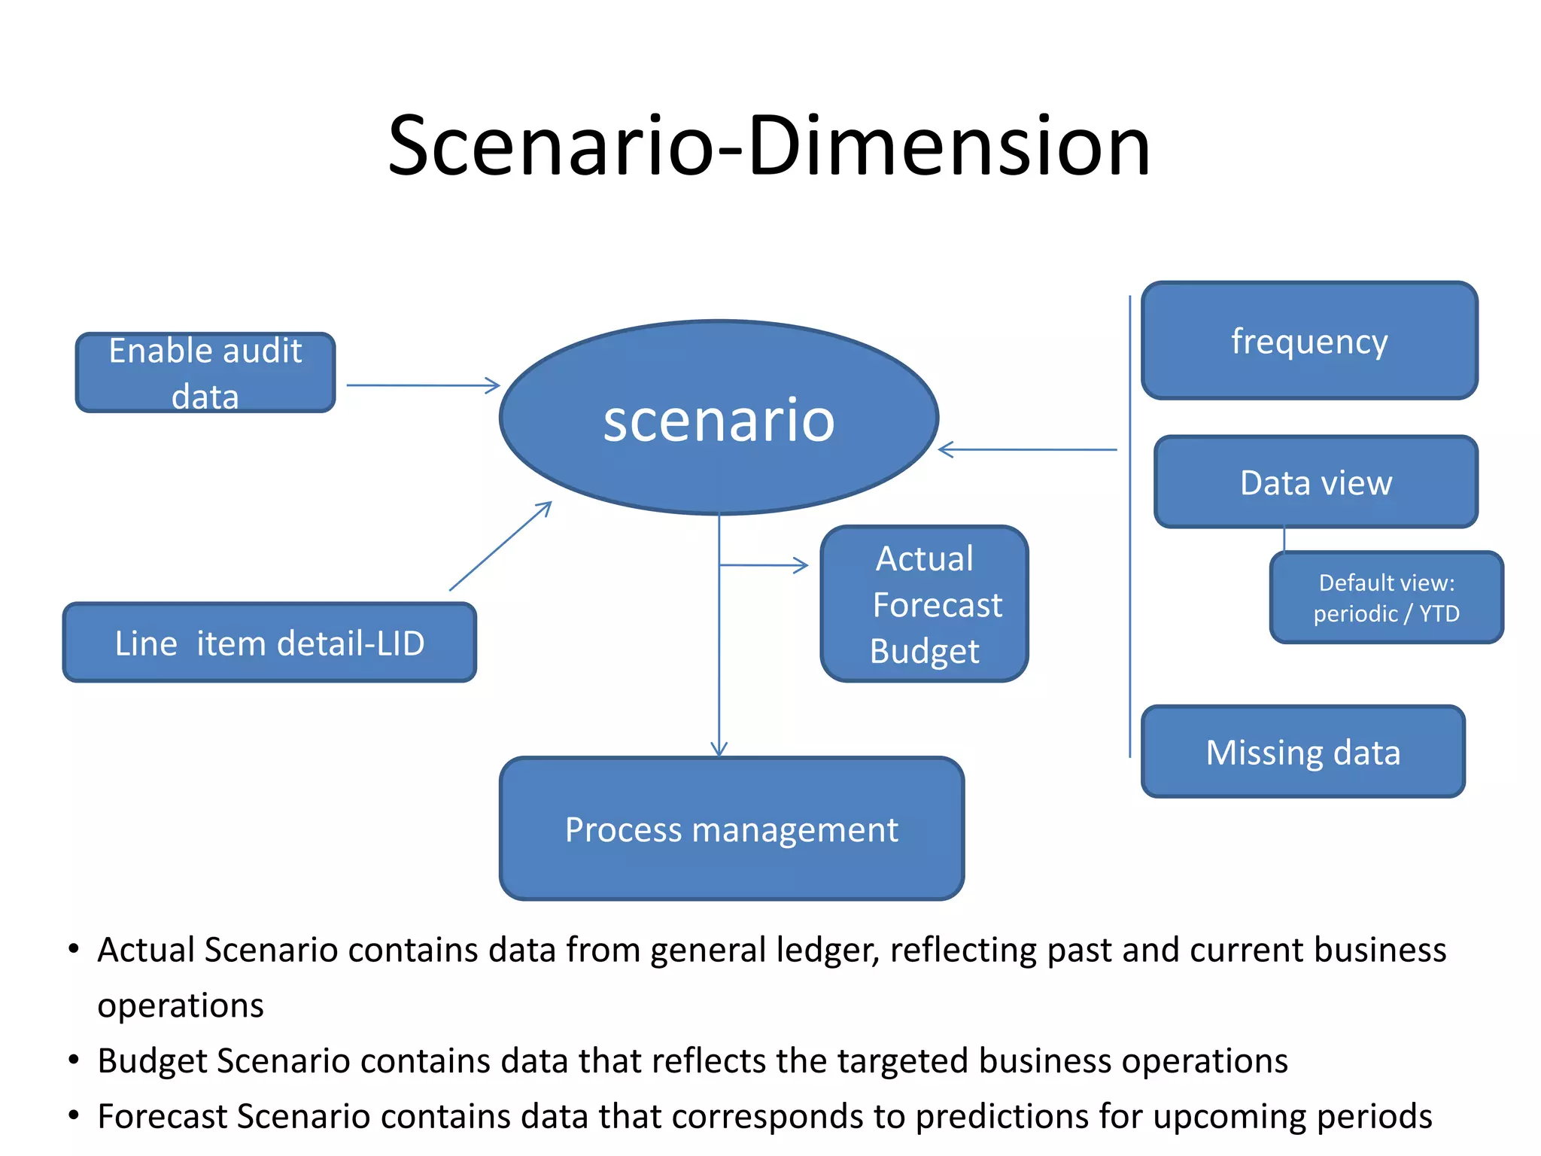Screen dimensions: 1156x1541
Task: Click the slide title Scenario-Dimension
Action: coord(769,146)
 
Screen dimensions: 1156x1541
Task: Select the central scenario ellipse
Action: coord(719,418)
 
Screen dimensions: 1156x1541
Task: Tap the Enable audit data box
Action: coord(205,373)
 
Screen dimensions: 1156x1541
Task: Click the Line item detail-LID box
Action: coord(269,643)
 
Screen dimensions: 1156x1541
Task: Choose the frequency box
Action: coord(1309,341)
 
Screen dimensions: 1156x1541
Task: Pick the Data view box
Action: coord(1316,482)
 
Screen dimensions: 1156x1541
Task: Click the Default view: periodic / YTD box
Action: coord(1386,598)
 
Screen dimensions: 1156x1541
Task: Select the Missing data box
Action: coord(1303,752)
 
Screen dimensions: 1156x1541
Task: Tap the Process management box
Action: coord(731,829)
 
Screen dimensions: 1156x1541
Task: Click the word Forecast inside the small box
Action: coord(937,605)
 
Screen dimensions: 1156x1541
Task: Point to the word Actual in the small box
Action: coord(925,559)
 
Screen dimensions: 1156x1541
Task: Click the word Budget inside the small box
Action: coord(924,652)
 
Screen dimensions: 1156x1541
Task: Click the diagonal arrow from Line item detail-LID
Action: coord(500,546)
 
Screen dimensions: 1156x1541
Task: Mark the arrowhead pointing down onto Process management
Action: coord(719,748)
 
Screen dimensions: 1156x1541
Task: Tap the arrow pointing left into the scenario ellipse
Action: coord(1028,450)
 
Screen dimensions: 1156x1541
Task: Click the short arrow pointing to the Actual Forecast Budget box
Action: coord(764,565)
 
